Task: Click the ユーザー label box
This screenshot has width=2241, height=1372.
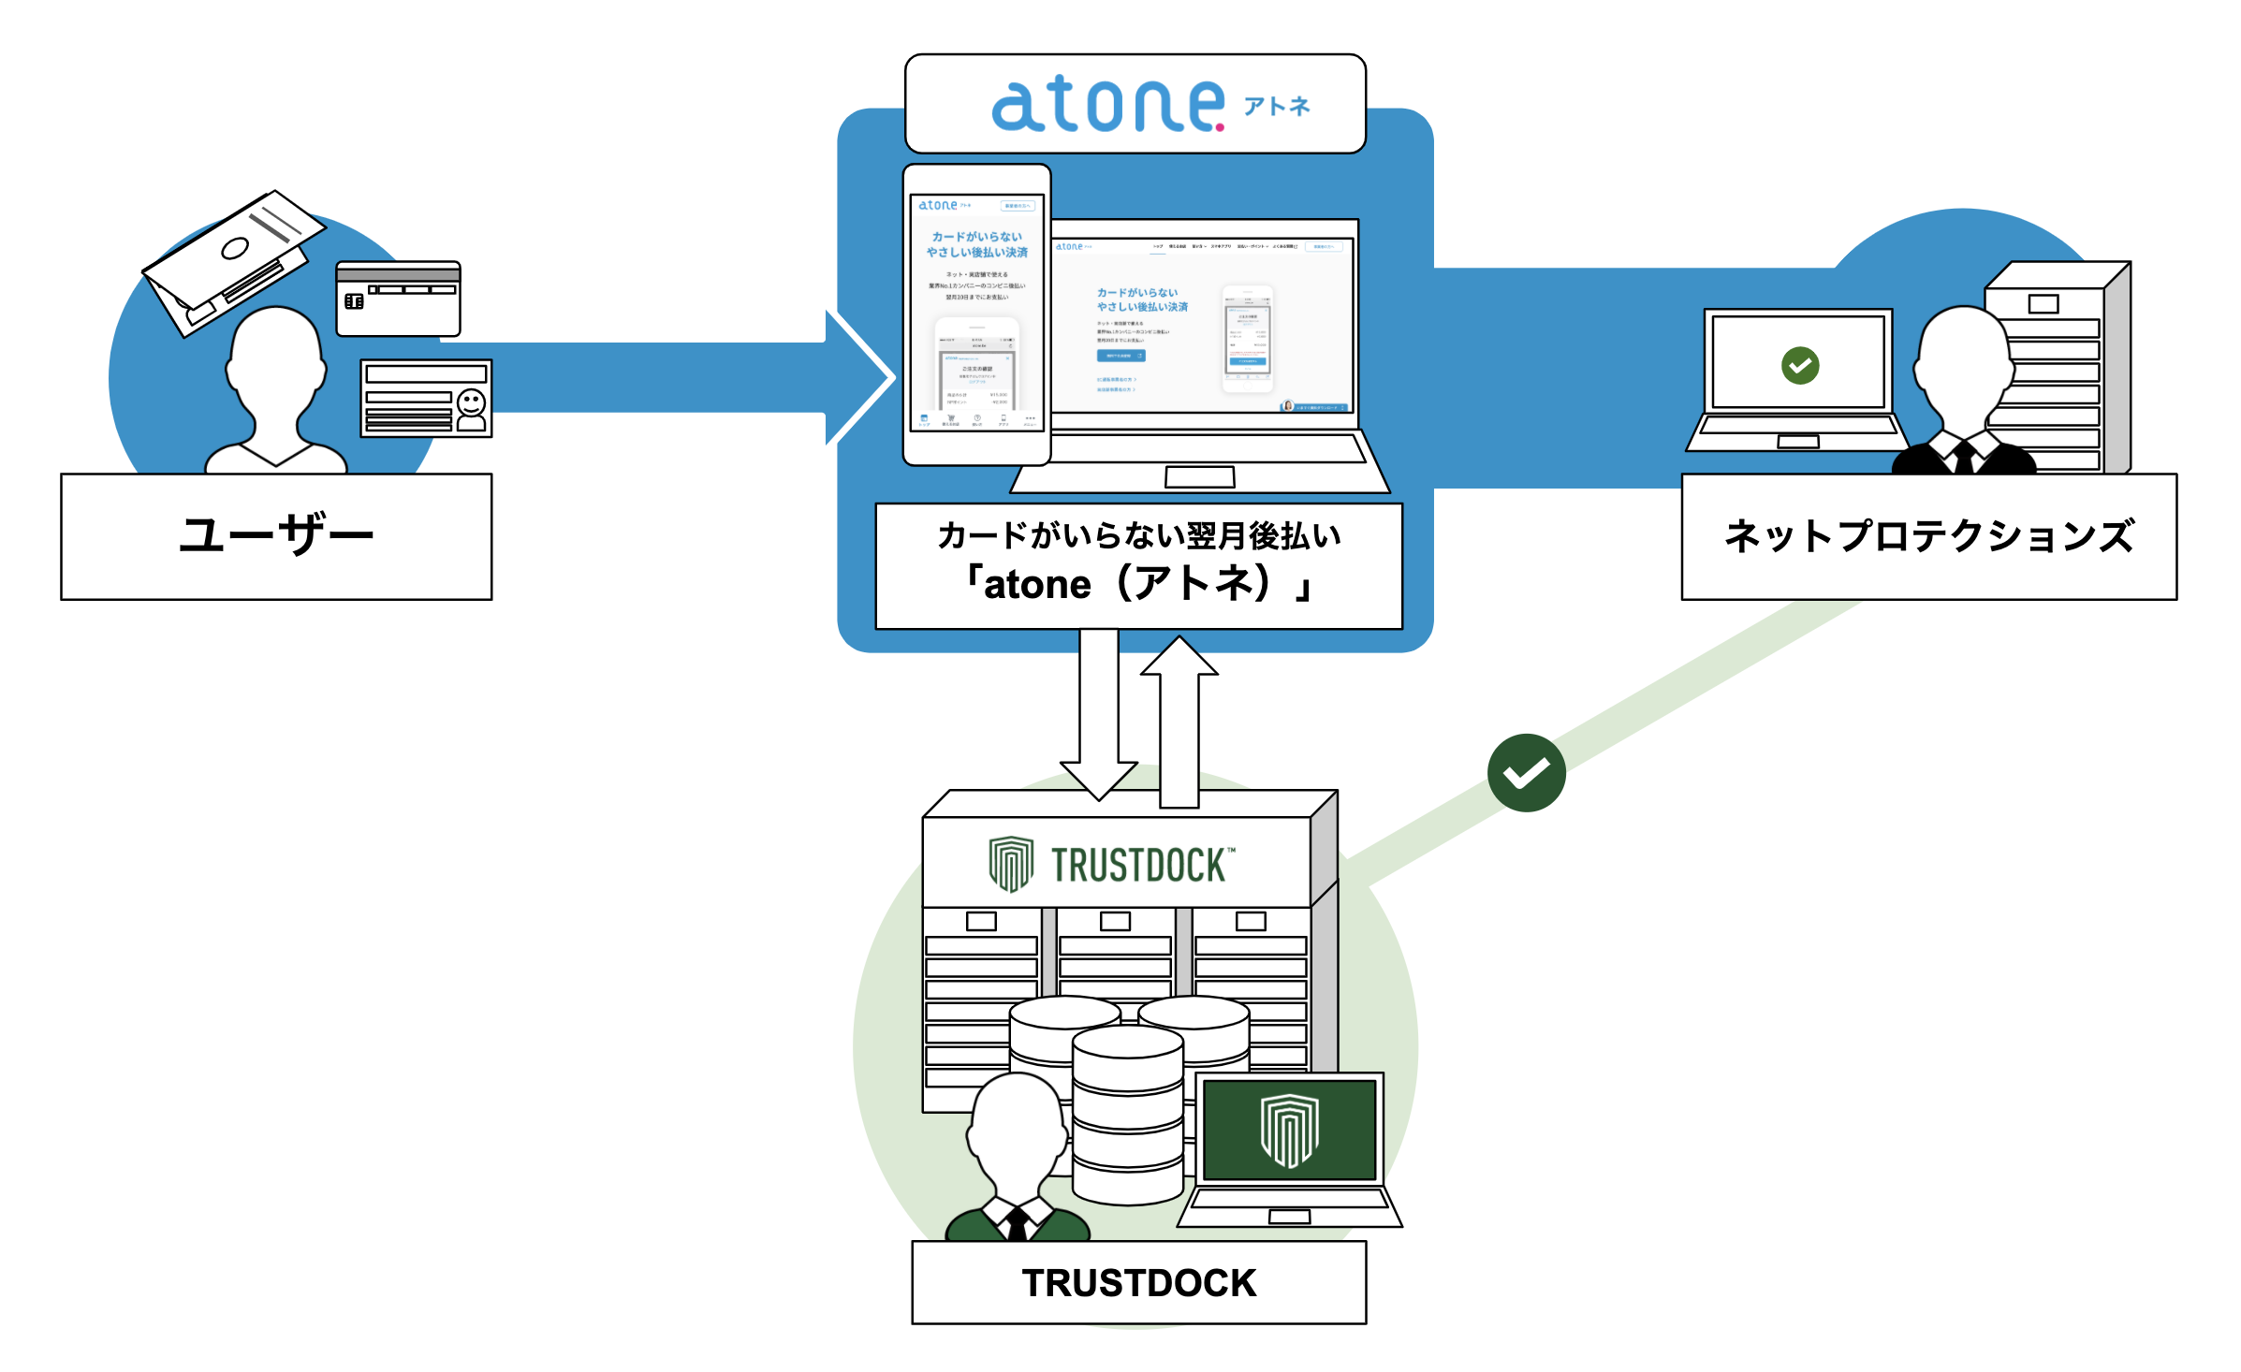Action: [276, 535]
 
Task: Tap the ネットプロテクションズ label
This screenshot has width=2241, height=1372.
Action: [1928, 535]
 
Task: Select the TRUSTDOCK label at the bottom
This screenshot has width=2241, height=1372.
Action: [1138, 1282]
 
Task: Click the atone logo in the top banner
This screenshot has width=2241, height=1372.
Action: [1108, 105]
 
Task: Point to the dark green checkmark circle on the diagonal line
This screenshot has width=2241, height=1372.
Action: [1526, 772]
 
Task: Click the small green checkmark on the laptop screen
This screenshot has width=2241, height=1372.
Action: [1799, 365]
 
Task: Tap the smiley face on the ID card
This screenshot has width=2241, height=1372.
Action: [471, 404]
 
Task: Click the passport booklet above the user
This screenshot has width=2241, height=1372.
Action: [234, 257]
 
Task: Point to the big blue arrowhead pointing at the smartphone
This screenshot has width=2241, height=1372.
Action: [857, 377]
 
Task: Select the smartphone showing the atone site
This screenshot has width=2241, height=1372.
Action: [976, 314]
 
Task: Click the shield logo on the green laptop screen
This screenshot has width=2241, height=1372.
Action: [1289, 1130]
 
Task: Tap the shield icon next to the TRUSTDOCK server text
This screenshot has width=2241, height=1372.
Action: [1011, 863]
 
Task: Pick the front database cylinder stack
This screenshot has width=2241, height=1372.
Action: [1127, 1114]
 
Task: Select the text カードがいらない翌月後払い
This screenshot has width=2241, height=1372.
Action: [1138, 535]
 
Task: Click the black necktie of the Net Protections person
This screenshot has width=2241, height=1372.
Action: [1964, 458]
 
